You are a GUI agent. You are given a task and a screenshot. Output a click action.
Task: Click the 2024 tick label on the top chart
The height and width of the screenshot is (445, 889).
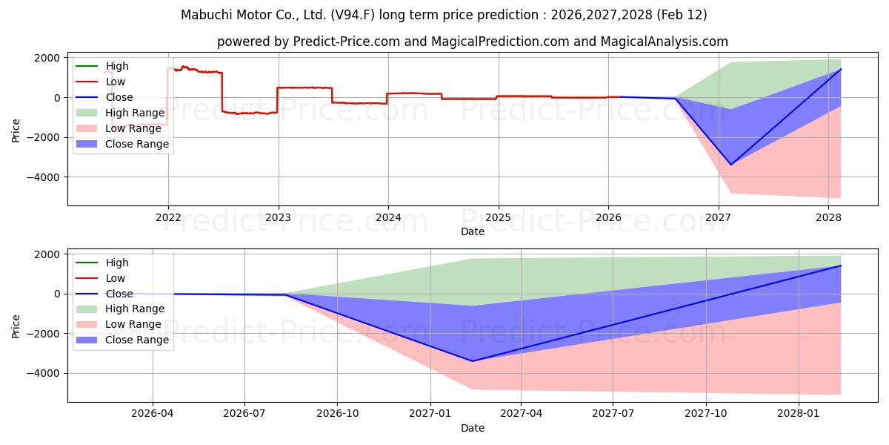pyautogui.click(x=388, y=217)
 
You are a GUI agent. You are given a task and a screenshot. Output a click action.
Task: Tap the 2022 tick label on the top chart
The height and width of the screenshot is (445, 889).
pyautogui.click(x=168, y=217)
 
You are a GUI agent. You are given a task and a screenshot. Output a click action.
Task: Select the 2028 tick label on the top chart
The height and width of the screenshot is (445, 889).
pyautogui.click(x=828, y=217)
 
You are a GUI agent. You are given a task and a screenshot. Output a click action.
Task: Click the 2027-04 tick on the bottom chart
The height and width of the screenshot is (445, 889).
pyautogui.click(x=522, y=414)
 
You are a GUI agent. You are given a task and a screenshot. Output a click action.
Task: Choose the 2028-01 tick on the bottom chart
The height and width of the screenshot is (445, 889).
pyautogui.click(x=799, y=414)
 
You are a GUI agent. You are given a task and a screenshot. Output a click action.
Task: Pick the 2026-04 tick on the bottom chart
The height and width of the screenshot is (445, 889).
pyautogui.click(x=153, y=414)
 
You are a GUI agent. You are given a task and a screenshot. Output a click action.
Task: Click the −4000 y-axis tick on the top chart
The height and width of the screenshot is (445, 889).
pyautogui.click(x=45, y=177)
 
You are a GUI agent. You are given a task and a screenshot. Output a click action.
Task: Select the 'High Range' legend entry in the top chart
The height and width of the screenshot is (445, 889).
pyautogui.click(x=135, y=113)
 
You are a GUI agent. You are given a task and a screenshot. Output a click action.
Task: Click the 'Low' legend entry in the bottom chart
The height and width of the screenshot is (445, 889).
pyautogui.click(x=116, y=278)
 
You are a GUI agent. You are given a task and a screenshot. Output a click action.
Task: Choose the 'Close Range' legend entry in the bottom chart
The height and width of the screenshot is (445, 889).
pyautogui.click(x=137, y=340)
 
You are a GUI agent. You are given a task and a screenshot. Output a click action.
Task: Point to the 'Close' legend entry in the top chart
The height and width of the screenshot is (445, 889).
pyautogui.click(x=119, y=97)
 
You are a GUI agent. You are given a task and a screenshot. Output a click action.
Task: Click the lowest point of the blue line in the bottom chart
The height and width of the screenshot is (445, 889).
pyautogui.click(x=473, y=361)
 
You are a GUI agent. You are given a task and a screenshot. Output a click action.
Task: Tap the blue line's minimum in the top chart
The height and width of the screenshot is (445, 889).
pyautogui.click(x=731, y=165)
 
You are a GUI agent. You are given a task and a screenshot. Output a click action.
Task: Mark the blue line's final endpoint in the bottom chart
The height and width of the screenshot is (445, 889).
pyautogui.click(x=841, y=266)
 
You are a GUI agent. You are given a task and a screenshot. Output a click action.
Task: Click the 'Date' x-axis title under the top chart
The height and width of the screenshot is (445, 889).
pyautogui.click(x=473, y=231)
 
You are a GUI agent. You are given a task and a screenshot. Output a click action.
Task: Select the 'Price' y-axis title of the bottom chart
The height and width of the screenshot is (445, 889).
pyautogui.click(x=16, y=325)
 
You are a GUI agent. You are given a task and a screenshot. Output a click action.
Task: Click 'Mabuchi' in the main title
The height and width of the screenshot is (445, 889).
pyautogui.click(x=207, y=15)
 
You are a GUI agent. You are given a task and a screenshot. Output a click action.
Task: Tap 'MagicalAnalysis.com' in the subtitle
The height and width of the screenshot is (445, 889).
pyautogui.click(x=665, y=42)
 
